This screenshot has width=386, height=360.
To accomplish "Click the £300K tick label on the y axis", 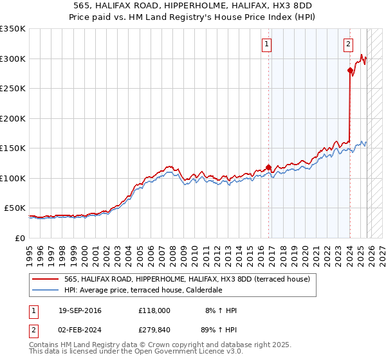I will pos(13,59).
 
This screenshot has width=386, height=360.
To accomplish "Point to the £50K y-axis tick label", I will pos(15,208).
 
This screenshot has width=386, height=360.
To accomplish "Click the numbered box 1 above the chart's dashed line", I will pos(266,44).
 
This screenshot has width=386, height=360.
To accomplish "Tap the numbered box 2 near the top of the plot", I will pos(348,44).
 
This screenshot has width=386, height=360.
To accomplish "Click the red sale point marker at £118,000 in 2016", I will pos(268,167).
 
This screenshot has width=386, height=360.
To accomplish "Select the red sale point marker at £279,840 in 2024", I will pos(350,71).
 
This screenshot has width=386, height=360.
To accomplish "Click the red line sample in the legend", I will pos(46,279).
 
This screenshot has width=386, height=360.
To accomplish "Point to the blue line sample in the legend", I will pos(46,290).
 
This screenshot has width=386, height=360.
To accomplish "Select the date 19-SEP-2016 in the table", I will pos(78,310).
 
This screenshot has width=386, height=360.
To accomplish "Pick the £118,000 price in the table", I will pos(154,310).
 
